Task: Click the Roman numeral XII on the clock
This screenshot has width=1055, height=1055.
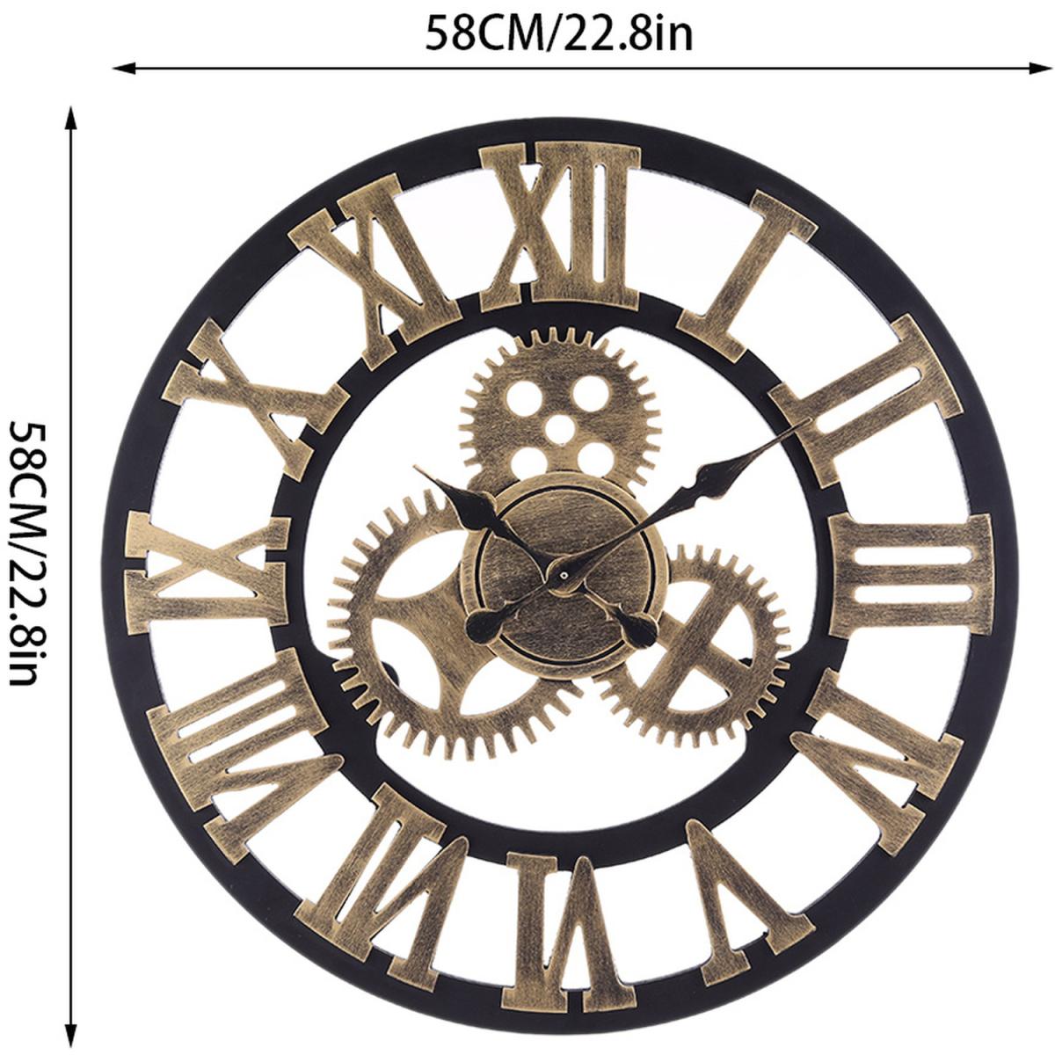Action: point(560,226)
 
